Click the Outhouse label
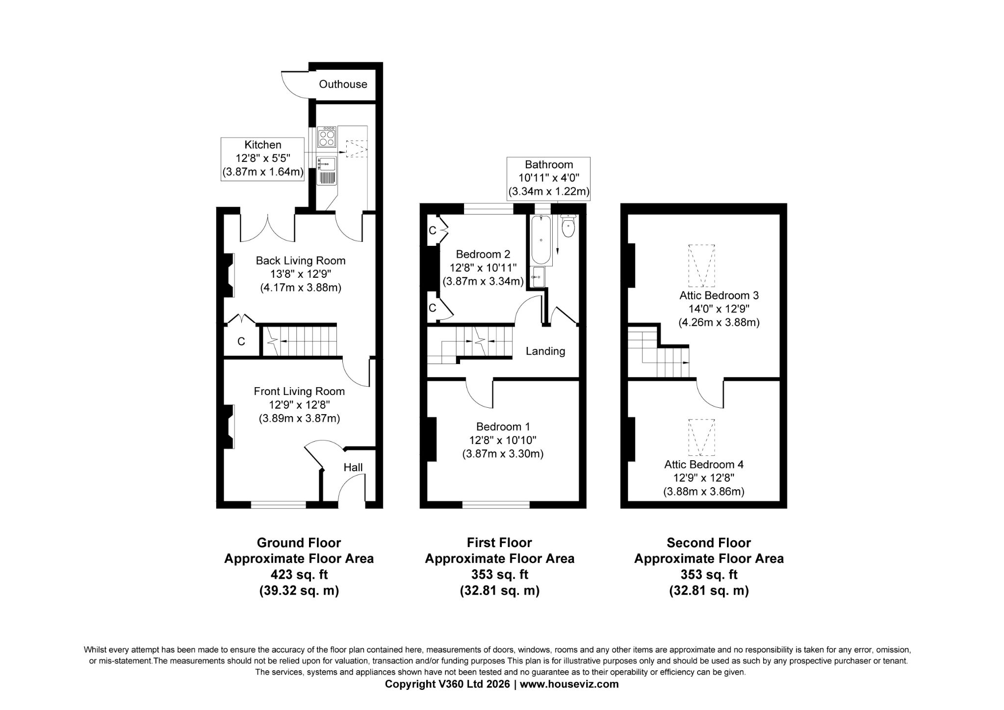342,84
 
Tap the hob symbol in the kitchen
326,137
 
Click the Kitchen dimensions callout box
263,159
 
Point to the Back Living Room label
300,261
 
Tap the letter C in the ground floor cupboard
241,342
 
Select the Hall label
353,467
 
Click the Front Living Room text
299,392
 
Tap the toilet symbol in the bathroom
567,227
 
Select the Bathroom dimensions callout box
548,178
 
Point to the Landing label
545,351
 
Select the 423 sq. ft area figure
299,574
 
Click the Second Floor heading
708,543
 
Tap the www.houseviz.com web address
569,684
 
